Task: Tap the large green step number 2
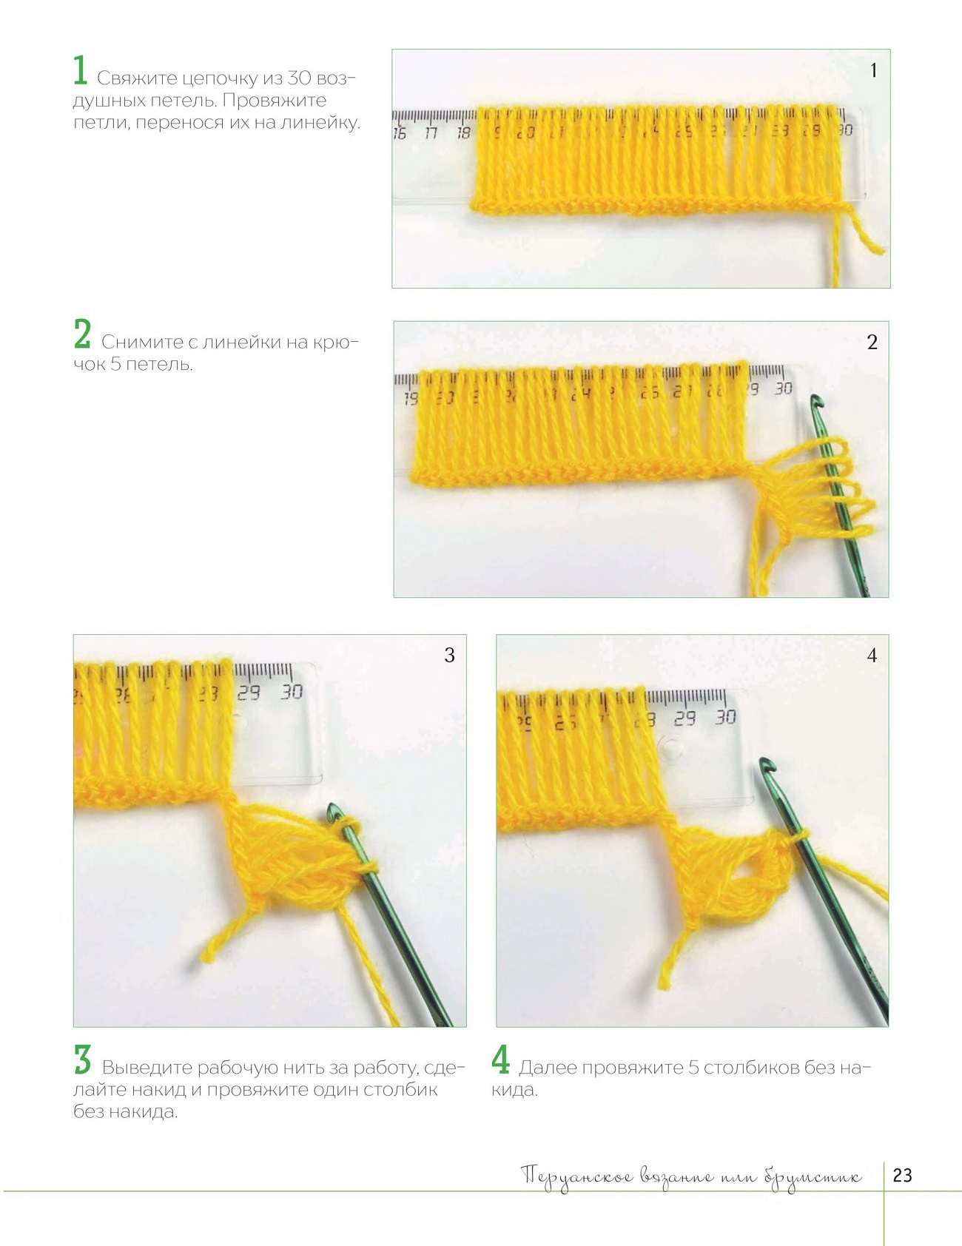coord(82,334)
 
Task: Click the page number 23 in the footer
coord(902,1175)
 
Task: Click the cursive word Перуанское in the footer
coord(577,1176)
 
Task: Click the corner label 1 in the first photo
coord(873,70)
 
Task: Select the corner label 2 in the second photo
coord(872,342)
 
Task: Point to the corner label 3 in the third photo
coord(449,655)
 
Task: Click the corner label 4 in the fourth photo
coord(872,656)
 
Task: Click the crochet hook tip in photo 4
coord(765,763)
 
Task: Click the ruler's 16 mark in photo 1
coord(400,133)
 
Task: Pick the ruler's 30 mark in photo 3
coord(292,691)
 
